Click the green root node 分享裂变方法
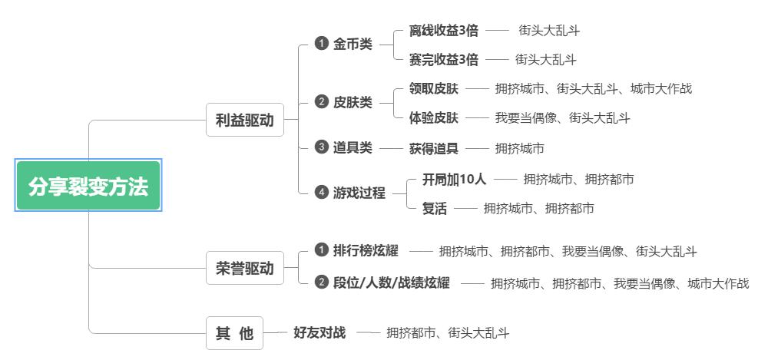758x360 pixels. [88, 187]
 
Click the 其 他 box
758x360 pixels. [234, 333]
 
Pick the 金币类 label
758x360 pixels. [353, 45]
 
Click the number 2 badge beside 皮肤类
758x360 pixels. [322, 102]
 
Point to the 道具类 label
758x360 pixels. [353, 147]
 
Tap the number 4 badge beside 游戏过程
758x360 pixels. [322, 193]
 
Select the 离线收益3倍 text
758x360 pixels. [444, 31]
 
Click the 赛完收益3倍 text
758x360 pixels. [444, 59]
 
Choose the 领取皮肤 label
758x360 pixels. [434, 88]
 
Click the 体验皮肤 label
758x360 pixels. [434, 117]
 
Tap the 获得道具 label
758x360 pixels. [434, 147]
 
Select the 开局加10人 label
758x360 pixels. [454, 179]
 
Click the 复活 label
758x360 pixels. [434, 208]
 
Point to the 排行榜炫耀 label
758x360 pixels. [365, 250]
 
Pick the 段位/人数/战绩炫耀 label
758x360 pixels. [392, 282]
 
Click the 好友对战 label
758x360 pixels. [319, 332]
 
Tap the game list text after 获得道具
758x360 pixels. [519, 148]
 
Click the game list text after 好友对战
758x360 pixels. [448, 333]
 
